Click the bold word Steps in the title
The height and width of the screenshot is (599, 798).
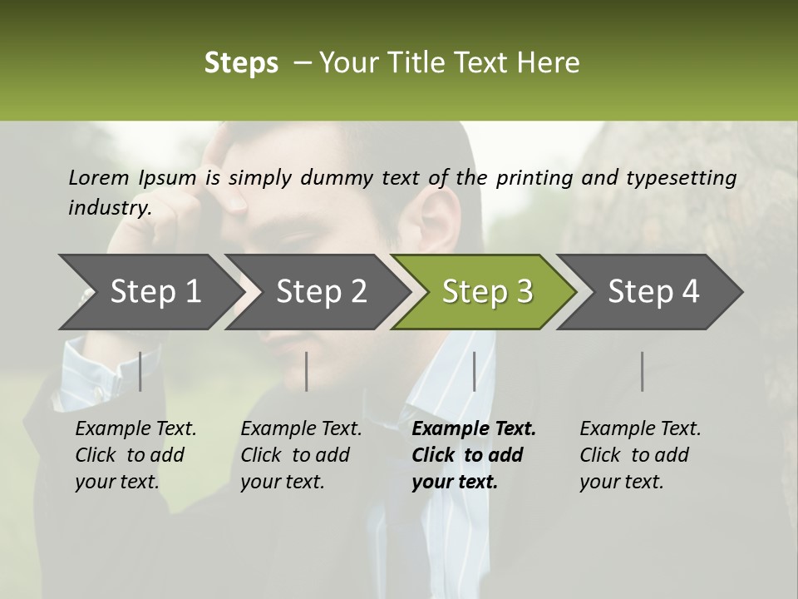(241, 63)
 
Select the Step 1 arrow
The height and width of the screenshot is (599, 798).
(150, 291)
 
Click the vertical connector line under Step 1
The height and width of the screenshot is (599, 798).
(140, 371)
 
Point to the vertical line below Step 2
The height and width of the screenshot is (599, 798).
(307, 371)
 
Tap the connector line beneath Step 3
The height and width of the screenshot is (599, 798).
(474, 371)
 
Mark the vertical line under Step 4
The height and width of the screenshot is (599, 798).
(642, 371)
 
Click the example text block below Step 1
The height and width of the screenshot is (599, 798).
(135, 455)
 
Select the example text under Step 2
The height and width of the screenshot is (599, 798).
(301, 455)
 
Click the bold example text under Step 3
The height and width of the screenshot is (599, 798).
(474, 455)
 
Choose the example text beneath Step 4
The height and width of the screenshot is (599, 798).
(640, 455)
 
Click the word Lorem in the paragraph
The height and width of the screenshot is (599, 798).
(98, 177)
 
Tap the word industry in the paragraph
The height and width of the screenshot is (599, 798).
(109, 207)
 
